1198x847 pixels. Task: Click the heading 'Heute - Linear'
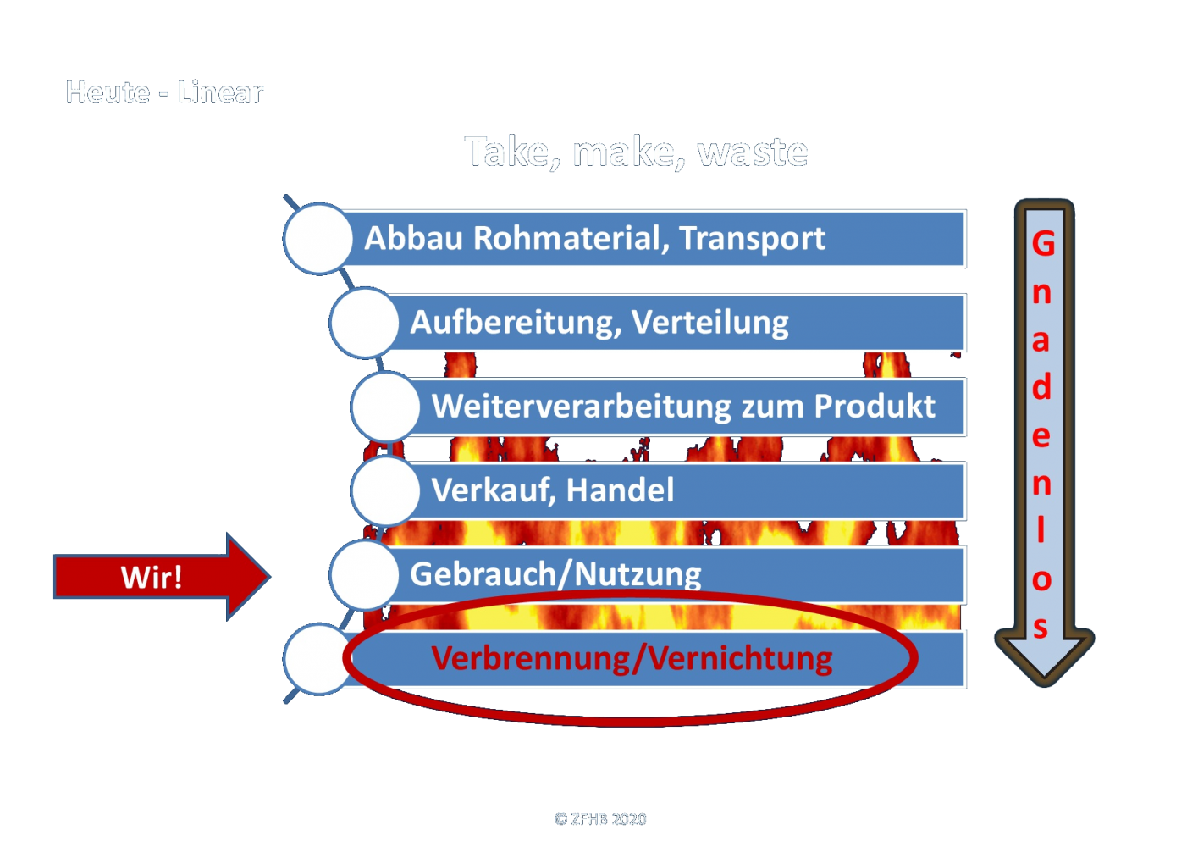click(165, 92)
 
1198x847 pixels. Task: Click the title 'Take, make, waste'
click(636, 152)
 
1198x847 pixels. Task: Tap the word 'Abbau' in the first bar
click(413, 238)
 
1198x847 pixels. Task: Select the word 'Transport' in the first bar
click(752, 239)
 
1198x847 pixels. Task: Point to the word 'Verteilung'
click(710, 323)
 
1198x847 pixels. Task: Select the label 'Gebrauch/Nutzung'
click(555, 574)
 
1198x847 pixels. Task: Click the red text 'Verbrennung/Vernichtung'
click(632, 658)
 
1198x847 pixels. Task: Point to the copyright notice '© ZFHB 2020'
click(600, 819)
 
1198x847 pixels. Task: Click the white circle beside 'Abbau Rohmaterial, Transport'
click(318, 238)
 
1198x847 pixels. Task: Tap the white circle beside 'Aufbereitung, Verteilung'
click(364, 322)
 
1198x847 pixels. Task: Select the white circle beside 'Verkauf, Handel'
click(385, 490)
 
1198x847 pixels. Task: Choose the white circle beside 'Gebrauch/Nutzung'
click(364, 574)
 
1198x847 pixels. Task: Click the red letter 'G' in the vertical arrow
click(1043, 244)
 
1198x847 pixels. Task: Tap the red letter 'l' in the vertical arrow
click(1041, 530)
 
